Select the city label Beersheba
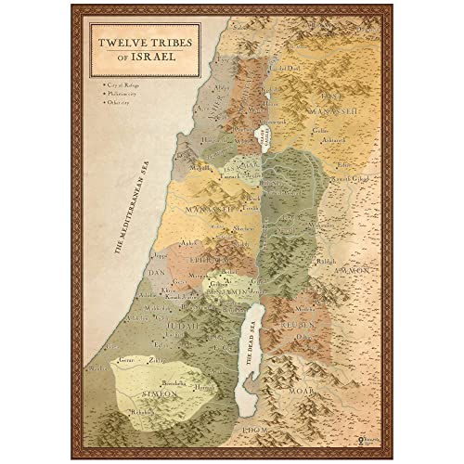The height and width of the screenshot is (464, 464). [177, 381]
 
